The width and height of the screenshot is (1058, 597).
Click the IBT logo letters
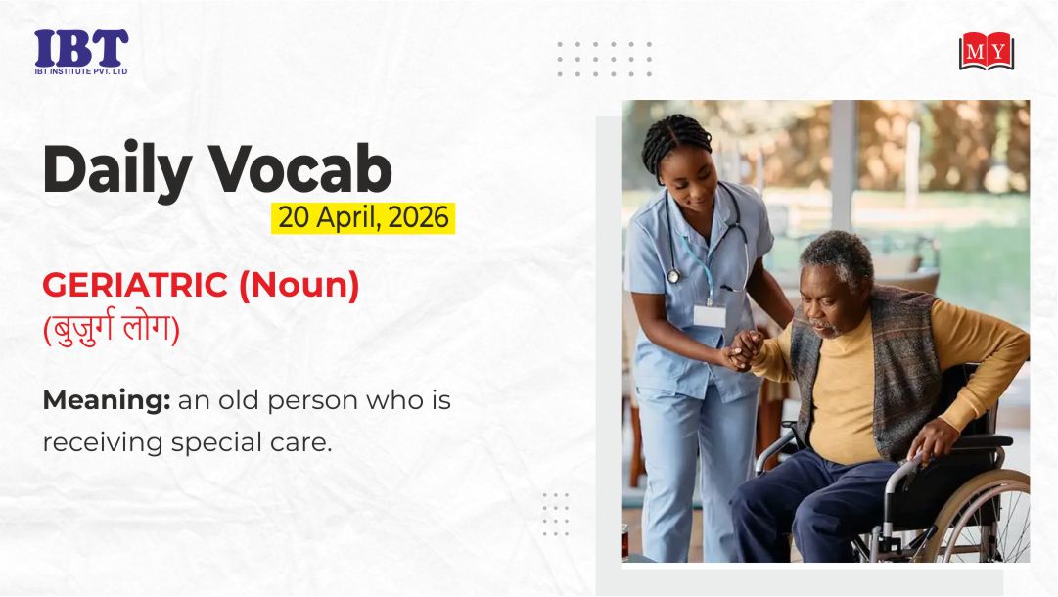81,48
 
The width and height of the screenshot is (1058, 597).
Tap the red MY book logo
987,51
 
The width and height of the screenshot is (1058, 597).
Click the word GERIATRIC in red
135,285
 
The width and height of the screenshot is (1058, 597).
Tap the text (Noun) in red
299,286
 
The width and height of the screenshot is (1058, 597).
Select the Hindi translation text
112,327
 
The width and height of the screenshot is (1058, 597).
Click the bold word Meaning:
107,400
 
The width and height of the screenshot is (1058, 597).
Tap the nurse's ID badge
710,315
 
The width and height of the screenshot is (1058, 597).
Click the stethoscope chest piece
672,276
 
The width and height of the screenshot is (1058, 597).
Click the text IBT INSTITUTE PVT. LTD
81,71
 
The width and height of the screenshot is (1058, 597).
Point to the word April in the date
348,218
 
